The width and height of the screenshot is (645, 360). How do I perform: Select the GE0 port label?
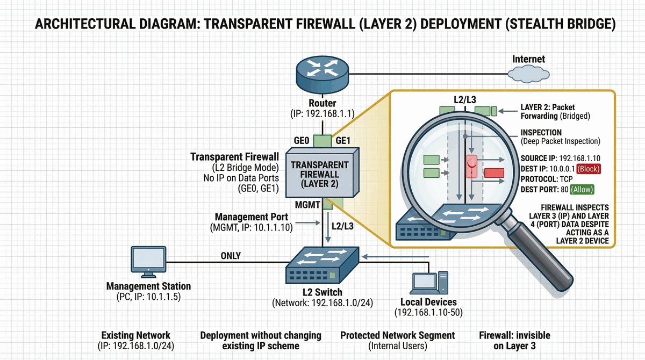[x=301, y=140]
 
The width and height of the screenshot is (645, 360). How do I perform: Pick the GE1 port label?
[x=343, y=140]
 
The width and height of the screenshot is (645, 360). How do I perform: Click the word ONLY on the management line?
[x=231, y=256]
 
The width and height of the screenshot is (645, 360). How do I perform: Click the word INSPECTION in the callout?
[x=541, y=132]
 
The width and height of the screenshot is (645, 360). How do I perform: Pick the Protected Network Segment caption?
[x=397, y=335]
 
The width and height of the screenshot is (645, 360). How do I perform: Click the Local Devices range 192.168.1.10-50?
[x=428, y=312]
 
